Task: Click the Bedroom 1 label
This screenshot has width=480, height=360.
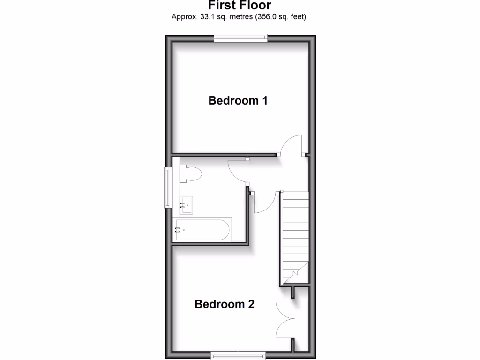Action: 238,100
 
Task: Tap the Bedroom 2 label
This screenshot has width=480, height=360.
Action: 225,304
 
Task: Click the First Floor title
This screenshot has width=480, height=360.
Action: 240,6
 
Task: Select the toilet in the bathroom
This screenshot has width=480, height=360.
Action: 190,174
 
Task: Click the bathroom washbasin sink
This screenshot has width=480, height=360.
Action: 187,205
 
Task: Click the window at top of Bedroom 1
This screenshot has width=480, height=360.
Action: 241,38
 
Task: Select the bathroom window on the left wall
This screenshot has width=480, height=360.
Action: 168,187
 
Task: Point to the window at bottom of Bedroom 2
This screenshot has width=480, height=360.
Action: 238,355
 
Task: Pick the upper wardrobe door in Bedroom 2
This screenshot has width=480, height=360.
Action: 285,309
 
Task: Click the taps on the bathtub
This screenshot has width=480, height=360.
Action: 178,230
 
